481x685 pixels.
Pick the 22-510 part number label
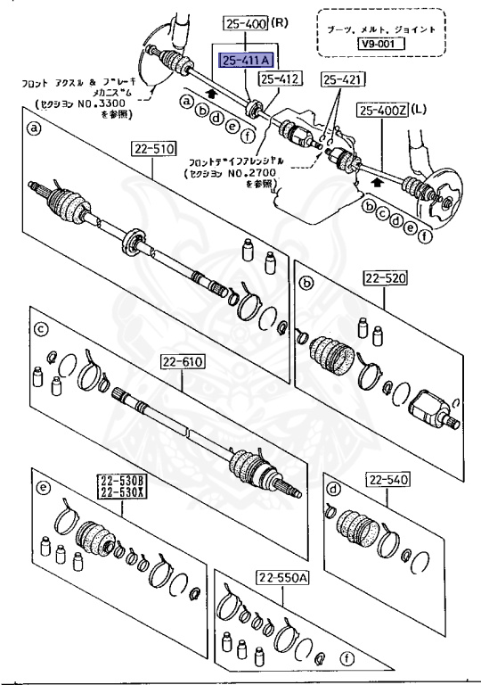(154, 148)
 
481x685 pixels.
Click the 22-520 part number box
(384, 279)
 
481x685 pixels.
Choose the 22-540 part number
(387, 481)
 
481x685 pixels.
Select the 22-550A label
(281, 578)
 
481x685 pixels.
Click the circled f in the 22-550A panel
(347, 663)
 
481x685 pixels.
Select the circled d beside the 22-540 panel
(334, 488)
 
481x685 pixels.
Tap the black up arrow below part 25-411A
(208, 91)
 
